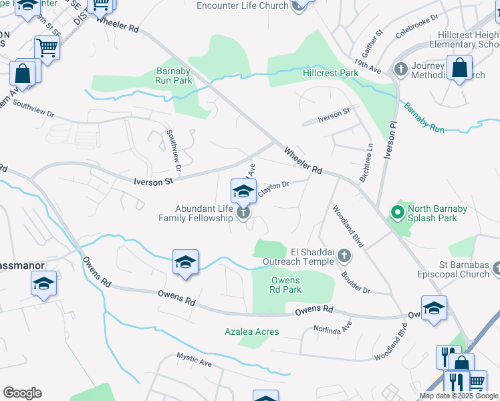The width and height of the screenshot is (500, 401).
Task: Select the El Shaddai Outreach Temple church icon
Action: (344, 256)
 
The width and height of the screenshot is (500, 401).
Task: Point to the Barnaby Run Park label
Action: (174, 76)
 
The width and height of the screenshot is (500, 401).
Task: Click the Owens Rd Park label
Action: (286, 285)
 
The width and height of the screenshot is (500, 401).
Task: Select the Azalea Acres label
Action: (251, 331)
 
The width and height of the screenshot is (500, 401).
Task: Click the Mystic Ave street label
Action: (194, 360)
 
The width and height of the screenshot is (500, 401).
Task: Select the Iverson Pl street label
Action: (386, 142)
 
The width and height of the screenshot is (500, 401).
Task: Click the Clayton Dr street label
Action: (273, 189)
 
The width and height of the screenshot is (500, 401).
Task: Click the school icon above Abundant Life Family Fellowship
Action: (243, 191)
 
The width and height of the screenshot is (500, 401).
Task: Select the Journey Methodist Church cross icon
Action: (401, 70)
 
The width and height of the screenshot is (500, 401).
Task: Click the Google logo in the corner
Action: (22, 393)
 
